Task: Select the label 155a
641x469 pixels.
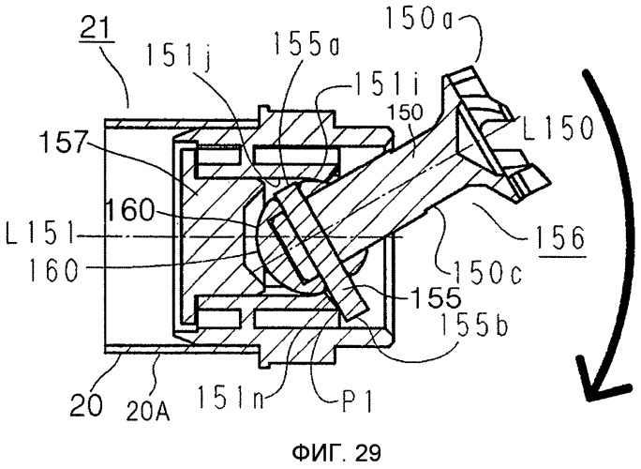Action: [x=306, y=42]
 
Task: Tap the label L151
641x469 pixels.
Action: [x=40, y=234]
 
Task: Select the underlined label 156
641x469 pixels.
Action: [x=561, y=238]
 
